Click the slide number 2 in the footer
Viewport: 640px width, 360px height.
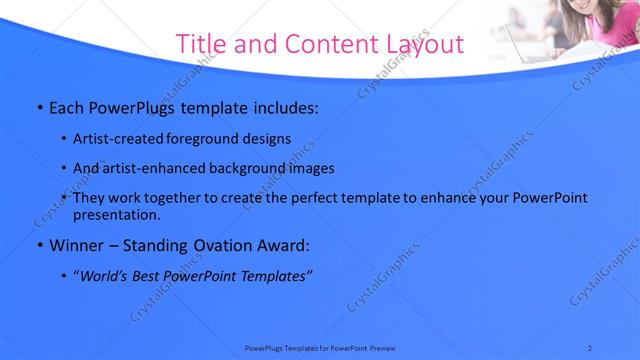coord(589,347)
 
